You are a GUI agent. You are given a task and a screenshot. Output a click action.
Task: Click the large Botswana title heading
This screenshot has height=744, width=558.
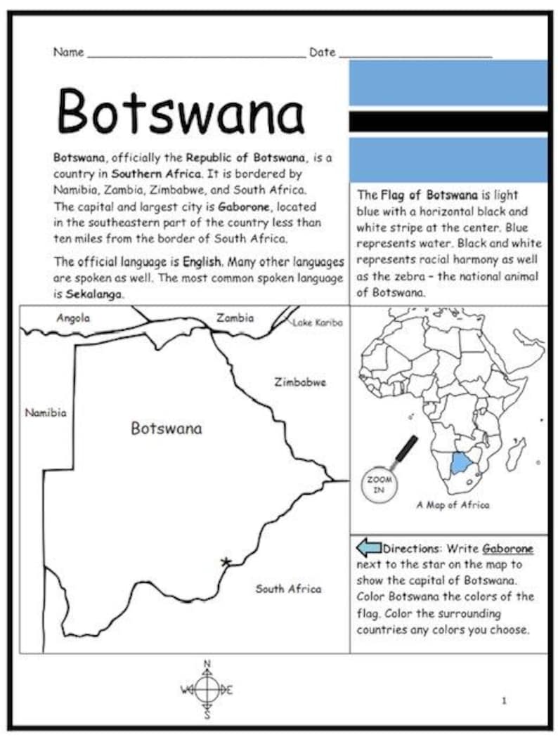click(180, 111)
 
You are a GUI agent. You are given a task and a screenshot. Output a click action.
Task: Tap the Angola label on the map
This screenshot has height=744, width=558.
click(73, 318)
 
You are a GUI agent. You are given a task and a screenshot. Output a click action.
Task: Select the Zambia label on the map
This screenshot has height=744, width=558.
click(235, 318)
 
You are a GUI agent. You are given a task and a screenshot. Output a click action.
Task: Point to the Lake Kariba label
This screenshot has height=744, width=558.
click(318, 322)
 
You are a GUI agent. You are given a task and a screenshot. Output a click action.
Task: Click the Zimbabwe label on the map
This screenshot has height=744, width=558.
click(300, 383)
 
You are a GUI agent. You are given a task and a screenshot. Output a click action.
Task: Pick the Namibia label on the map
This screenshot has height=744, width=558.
click(46, 413)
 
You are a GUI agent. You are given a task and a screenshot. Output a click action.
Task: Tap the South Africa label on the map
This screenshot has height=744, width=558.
click(288, 589)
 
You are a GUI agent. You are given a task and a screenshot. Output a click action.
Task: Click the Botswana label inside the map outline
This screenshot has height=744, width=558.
click(166, 429)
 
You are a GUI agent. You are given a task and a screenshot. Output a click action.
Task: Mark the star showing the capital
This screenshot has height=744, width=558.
click(226, 561)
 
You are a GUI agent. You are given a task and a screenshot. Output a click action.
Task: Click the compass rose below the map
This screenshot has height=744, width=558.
click(207, 690)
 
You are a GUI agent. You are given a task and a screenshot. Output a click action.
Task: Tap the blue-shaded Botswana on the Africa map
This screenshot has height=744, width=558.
click(460, 463)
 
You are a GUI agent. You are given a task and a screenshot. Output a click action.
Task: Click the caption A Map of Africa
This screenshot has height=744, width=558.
click(453, 504)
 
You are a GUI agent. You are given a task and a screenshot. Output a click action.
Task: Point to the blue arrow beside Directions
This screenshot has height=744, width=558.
click(369, 548)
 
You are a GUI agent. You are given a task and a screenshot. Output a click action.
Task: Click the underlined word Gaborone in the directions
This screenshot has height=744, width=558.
click(507, 549)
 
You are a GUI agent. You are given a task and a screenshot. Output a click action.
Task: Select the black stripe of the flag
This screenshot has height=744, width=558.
click(448, 121)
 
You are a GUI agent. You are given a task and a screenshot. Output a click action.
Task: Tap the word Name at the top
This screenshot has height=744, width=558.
click(68, 52)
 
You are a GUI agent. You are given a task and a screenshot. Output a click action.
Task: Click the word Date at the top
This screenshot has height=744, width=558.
click(323, 52)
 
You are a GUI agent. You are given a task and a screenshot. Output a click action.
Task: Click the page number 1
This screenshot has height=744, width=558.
click(504, 700)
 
